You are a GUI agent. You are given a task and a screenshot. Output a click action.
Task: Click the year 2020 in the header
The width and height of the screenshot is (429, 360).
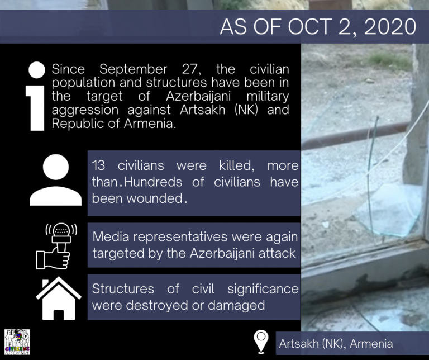click(x=390, y=27)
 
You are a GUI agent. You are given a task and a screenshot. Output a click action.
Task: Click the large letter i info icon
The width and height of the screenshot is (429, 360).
click(x=36, y=96)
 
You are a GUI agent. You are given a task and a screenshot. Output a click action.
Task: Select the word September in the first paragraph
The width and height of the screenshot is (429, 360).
click(x=134, y=69)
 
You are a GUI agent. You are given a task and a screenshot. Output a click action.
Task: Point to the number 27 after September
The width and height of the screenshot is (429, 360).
click(x=191, y=69)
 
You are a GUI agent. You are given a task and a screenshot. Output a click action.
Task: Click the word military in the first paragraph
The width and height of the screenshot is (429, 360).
click(x=268, y=96)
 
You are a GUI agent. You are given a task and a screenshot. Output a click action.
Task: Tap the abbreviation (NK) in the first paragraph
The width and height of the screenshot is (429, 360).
click(x=246, y=110)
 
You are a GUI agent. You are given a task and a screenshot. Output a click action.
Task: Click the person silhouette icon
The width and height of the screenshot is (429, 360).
click(x=56, y=180)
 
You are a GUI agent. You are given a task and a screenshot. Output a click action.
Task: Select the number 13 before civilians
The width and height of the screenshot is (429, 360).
click(x=98, y=165)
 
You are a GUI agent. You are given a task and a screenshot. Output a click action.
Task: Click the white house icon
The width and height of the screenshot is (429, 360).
click(x=58, y=299)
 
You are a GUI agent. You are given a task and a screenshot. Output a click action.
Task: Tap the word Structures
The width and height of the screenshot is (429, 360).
click(x=123, y=289)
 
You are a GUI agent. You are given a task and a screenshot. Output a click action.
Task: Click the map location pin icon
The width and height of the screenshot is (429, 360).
click(x=261, y=342)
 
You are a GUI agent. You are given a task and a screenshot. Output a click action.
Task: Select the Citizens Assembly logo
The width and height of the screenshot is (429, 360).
click(x=17, y=342)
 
